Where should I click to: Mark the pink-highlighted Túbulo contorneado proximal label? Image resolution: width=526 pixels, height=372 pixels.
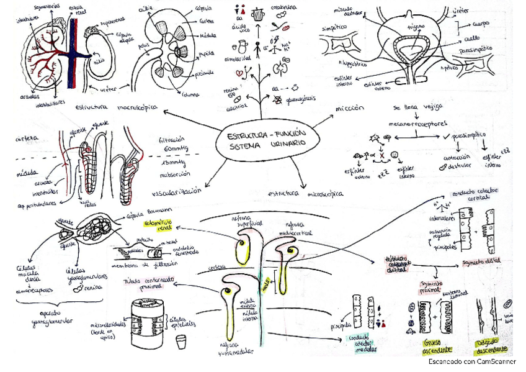tap(148, 284)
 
